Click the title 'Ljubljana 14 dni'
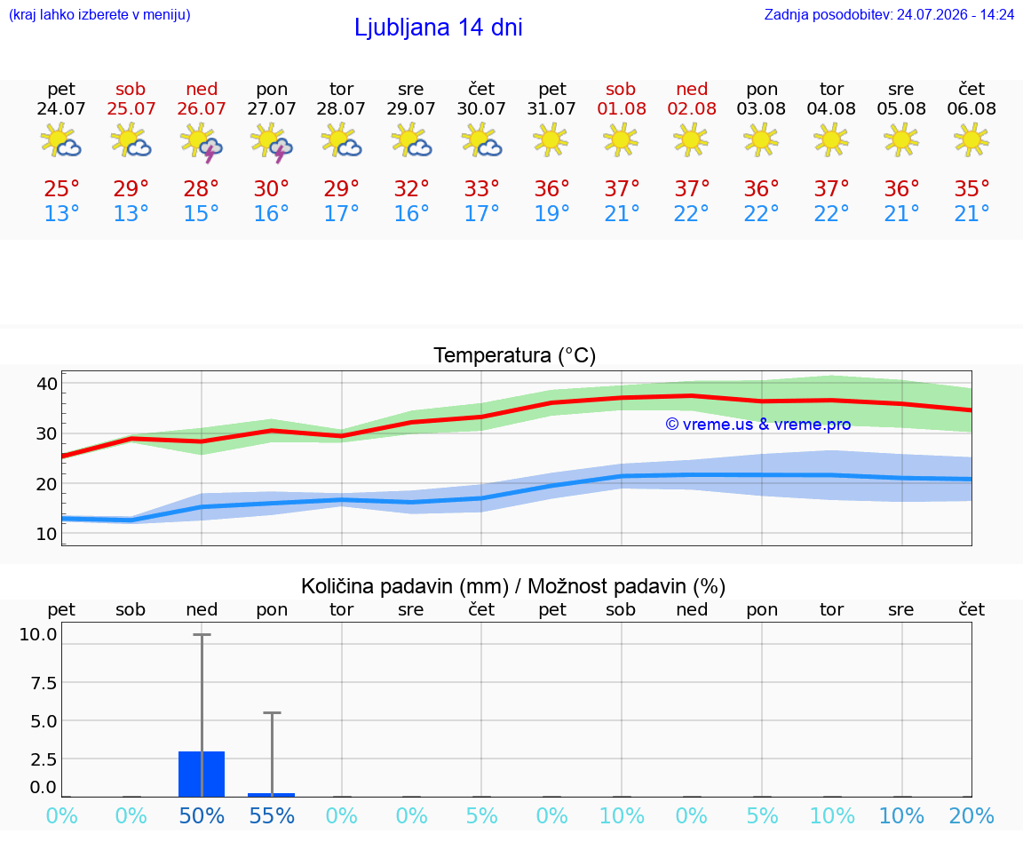(439, 28)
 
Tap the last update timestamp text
(889, 14)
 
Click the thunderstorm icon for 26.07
(202, 141)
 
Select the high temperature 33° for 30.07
(481, 188)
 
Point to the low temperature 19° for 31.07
(552, 213)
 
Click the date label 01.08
(622, 108)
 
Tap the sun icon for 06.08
(971, 139)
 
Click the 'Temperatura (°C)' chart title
(515, 355)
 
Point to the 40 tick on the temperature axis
(47, 383)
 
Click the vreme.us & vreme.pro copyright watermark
(758, 425)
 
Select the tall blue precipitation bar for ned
(202, 774)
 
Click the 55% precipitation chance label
(272, 815)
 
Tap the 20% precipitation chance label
(971, 815)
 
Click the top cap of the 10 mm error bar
(202, 634)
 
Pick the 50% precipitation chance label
(202, 815)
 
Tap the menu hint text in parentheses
(99, 14)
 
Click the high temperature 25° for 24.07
(61, 188)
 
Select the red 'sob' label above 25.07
(131, 89)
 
